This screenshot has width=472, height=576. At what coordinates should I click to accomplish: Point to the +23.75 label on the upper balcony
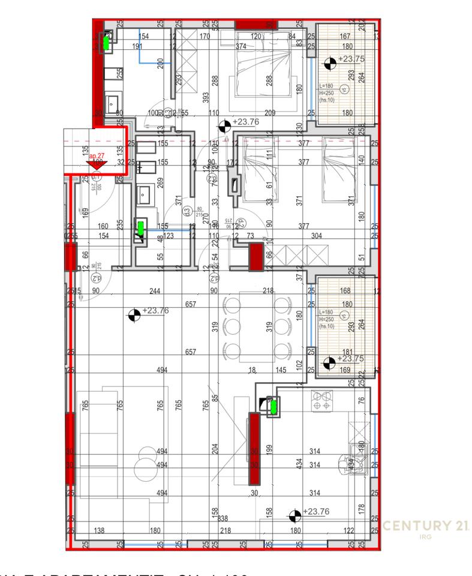[351, 59]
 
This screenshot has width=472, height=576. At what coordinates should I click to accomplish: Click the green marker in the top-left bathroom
[107, 42]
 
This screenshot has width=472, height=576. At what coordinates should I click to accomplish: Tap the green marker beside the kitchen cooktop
[273, 407]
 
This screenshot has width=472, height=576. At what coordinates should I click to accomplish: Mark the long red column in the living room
[254, 448]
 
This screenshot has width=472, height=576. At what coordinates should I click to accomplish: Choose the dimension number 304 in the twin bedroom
[317, 236]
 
